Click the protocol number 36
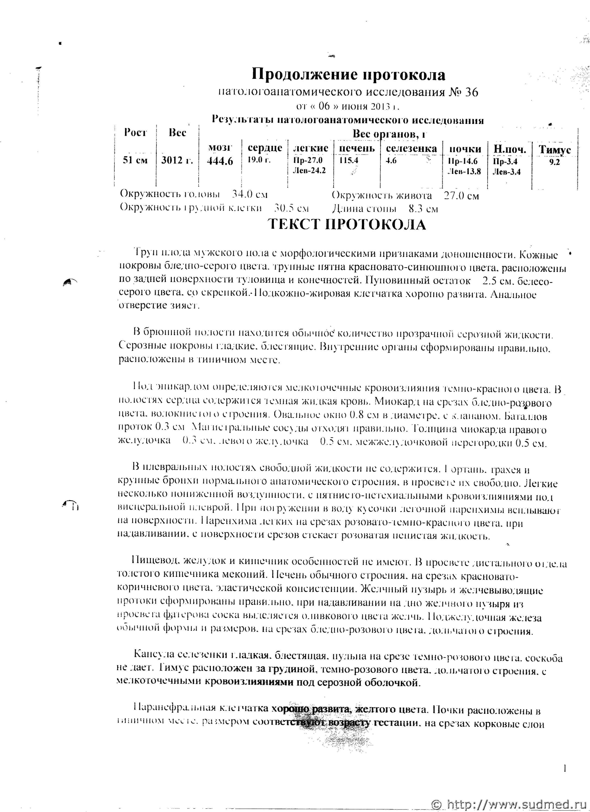click(x=471, y=93)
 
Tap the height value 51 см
click(x=135, y=160)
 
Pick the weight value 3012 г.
click(x=177, y=160)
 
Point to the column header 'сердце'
click(x=265, y=148)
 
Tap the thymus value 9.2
click(x=555, y=161)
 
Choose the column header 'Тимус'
click(x=555, y=150)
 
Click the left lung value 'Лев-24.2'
click(x=309, y=170)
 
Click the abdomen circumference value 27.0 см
click(x=461, y=196)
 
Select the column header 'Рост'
click(x=135, y=133)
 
